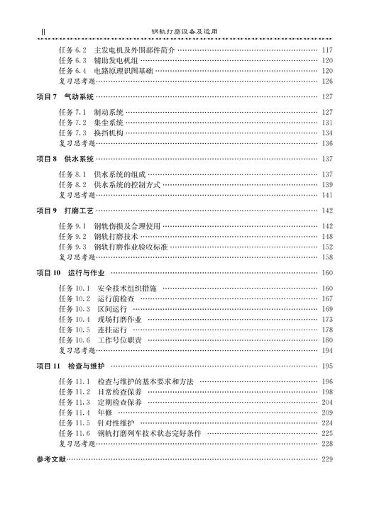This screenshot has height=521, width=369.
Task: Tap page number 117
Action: [327, 50]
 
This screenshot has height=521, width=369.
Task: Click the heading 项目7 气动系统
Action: [65, 96]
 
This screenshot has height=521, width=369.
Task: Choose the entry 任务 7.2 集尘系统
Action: [92, 123]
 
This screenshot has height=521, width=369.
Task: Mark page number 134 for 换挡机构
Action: [327, 133]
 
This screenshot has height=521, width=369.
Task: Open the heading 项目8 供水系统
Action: [65, 159]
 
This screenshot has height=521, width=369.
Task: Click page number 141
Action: [327, 195]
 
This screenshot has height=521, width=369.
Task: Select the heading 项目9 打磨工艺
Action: [65, 211]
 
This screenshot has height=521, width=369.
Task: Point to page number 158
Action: [327, 257]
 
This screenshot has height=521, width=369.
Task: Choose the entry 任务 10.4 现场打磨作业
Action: [100, 320]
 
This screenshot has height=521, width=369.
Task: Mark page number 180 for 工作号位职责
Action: [327, 340]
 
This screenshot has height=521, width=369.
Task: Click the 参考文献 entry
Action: [50, 459]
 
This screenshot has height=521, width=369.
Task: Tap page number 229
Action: [327, 459]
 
